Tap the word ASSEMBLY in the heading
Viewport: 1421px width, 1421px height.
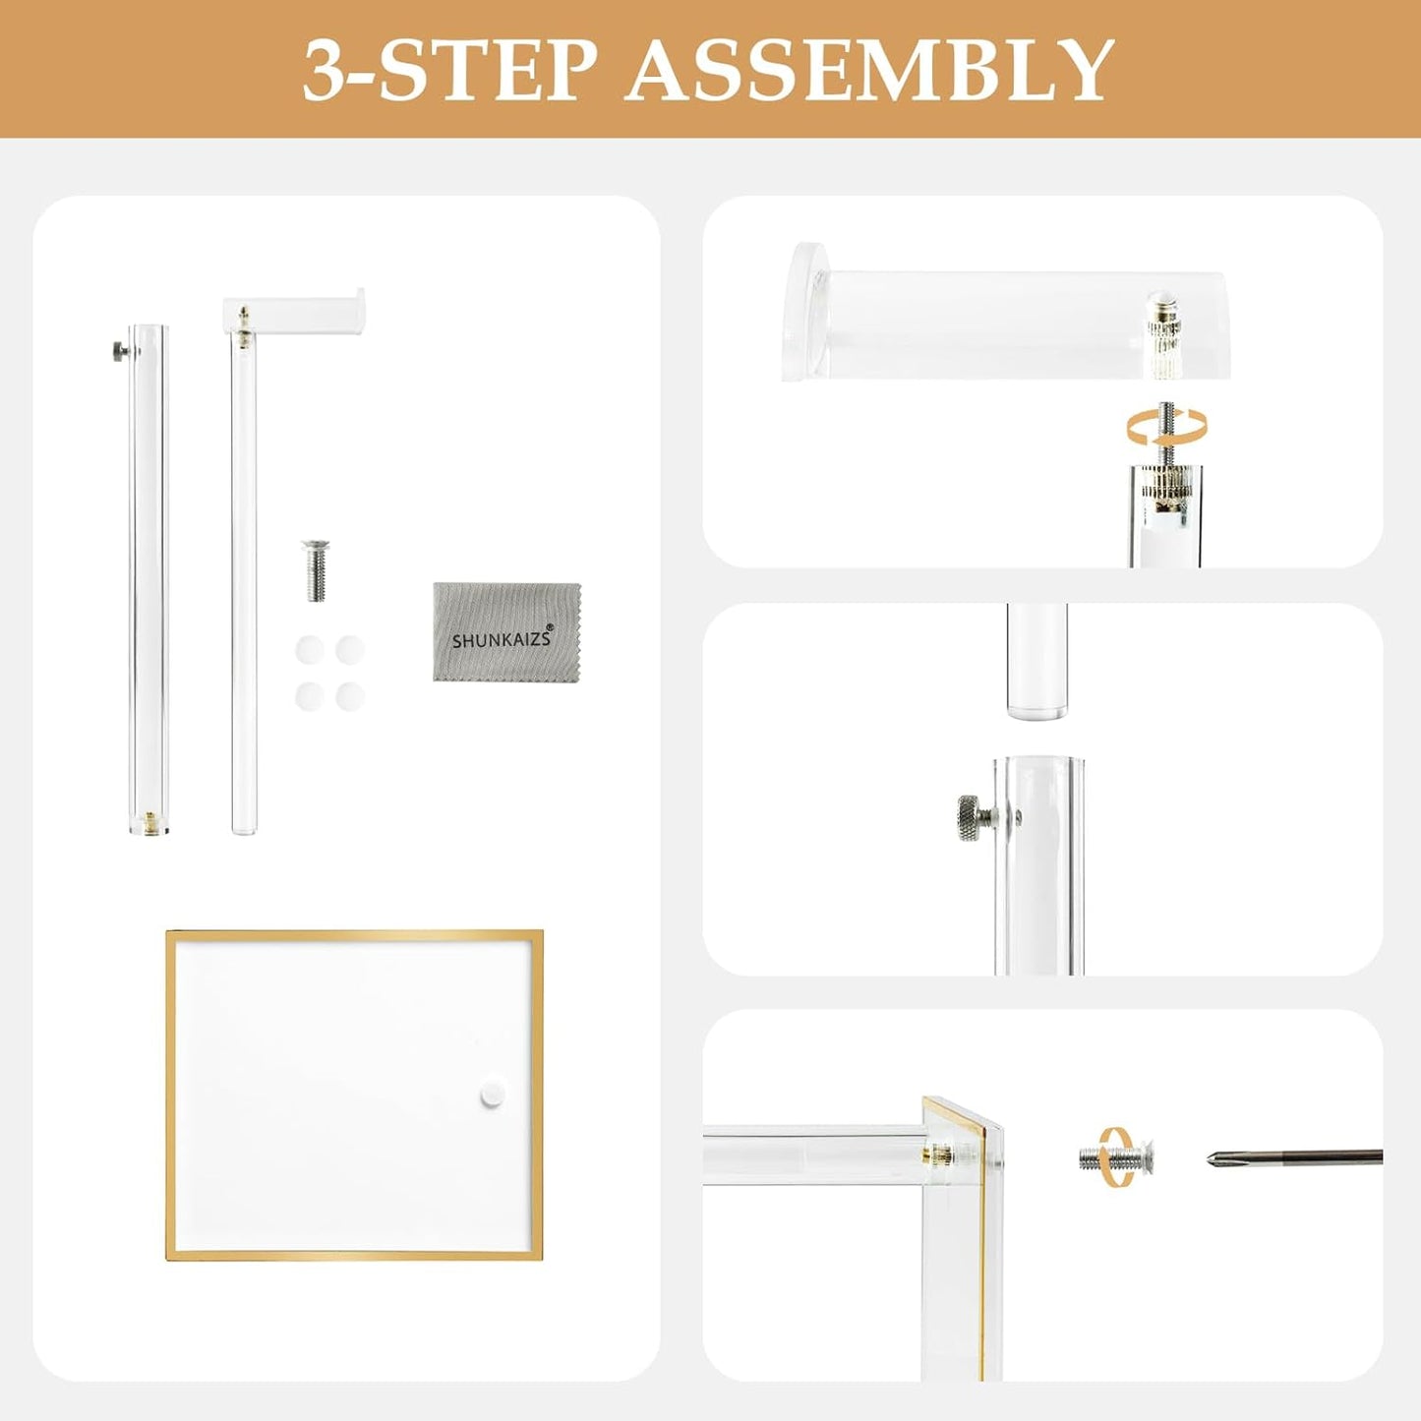click(x=870, y=70)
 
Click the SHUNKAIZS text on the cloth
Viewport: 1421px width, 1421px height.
click(x=502, y=639)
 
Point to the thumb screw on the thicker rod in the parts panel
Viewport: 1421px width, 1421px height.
click(x=119, y=349)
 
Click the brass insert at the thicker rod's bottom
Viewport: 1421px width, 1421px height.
click(x=148, y=819)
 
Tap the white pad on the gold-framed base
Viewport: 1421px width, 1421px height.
click(x=491, y=1095)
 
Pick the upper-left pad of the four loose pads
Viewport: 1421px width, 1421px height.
click(x=310, y=650)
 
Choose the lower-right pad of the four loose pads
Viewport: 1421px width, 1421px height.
click(x=350, y=696)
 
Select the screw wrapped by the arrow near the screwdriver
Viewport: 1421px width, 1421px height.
click(x=1116, y=1157)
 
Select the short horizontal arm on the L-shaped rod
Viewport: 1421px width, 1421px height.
click(x=295, y=312)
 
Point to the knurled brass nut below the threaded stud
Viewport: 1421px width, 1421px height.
click(x=1165, y=484)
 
